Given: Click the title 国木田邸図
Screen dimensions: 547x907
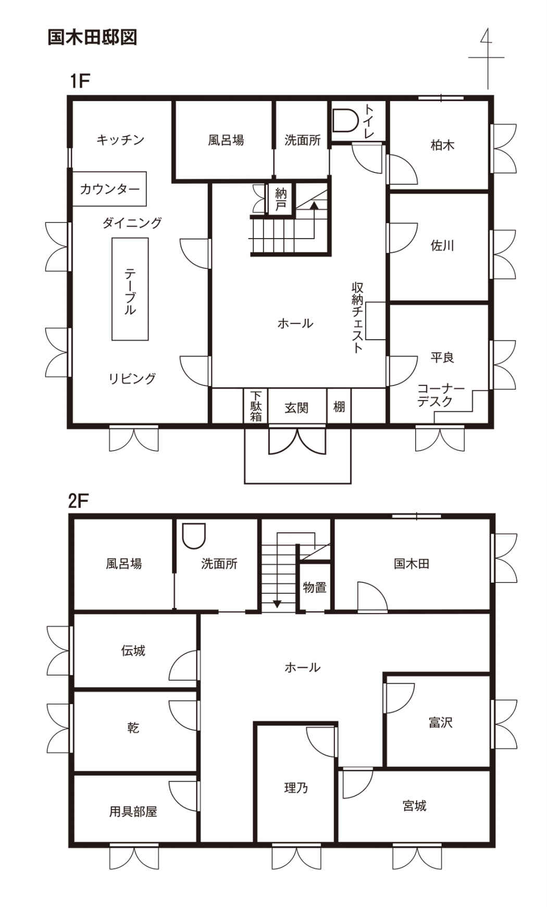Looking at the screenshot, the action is pyautogui.click(x=92, y=38).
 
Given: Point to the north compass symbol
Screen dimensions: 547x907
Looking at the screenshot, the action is pyautogui.click(x=487, y=57).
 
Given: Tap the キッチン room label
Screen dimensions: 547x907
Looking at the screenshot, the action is pyautogui.click(x=120, y=140).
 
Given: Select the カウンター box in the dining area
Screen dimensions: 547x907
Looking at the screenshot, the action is pyautogui.click(x=109, y=189).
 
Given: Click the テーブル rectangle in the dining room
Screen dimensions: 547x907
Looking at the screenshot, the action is pyautogui.click(x=130, y=289).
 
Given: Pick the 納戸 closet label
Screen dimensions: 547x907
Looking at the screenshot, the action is pyautogui.click(x=281, y=199).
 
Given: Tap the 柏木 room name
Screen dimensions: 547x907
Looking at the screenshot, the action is pyautogui.click(x=442, y=145).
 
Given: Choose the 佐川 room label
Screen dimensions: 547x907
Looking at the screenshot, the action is pyautogui.click(x=442, y=245).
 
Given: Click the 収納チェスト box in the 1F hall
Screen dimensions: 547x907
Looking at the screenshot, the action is pyautogui.click(x=376, y=321).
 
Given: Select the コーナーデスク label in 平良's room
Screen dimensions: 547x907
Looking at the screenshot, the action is pyautogui.click(x=441, y=395).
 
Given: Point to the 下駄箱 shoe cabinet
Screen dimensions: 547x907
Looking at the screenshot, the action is pyautogui.click(x=256, y=406).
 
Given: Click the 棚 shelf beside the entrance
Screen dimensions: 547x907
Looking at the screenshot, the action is pyautogui.click(x=339, y=406).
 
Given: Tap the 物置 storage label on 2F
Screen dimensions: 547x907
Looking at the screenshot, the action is pyautogui.click(x=315, y=587).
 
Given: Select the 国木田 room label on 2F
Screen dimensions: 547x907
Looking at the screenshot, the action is pyautogui.click(x=412, y=563).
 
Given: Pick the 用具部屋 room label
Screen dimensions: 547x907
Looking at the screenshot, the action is pyautogui.click(x=133, y=811).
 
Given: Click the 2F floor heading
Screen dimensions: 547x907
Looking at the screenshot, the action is pyautogui.click(x=79, y=501).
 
